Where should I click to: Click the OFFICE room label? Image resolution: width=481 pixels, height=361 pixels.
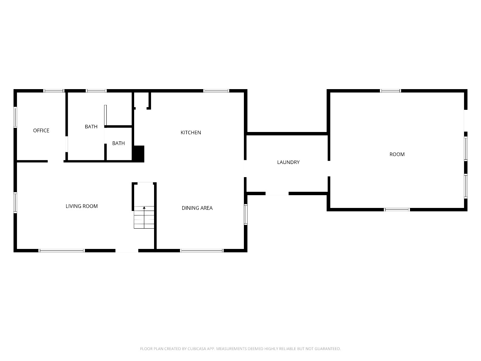point(41,130)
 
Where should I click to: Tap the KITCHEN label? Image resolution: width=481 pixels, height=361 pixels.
point(191,133)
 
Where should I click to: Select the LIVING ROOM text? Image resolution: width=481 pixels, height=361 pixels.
point(82,206)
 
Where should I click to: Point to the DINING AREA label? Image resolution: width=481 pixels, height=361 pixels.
point(197,208)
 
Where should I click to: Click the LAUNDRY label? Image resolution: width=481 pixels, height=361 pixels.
point(288,162)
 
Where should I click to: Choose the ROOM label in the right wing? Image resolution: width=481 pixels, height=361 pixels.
point(397,154)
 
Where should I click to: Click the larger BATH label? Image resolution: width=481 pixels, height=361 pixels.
point(91,127)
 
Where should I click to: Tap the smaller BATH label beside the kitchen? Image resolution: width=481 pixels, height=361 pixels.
point(118,143)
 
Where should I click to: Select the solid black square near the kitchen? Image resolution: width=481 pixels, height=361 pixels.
point(139,154)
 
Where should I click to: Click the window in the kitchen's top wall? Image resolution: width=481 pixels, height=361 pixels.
point(216,91)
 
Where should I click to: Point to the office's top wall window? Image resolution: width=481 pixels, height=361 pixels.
point(53,91)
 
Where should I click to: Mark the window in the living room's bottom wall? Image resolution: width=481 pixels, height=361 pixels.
point(62,250)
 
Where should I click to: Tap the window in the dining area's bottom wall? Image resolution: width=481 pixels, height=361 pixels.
point(201,250)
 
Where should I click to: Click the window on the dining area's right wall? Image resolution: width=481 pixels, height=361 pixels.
point(246,214)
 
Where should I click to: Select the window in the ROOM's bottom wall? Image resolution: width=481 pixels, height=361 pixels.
point(397,210)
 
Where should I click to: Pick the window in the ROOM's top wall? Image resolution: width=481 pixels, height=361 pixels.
point(390,91)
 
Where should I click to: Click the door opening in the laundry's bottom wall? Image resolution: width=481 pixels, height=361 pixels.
point(277,194)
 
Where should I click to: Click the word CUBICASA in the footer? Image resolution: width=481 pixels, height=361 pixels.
point(197,349)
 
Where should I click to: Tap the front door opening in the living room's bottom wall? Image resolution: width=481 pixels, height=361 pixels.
point(127,250)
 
